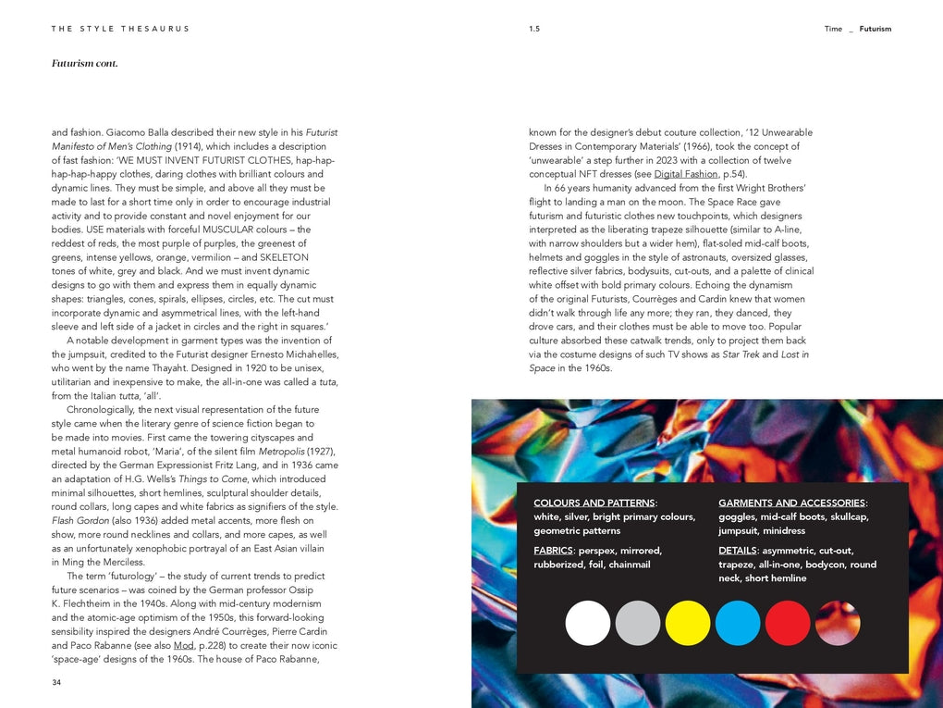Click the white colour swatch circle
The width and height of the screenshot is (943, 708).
588,623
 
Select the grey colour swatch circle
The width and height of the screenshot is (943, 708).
638,623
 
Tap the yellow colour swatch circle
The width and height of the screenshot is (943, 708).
688,623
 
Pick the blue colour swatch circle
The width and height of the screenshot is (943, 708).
738,623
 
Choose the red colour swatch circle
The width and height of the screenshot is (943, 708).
788,623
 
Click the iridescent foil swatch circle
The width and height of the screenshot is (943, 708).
838,623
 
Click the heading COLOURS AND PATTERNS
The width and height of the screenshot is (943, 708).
594,503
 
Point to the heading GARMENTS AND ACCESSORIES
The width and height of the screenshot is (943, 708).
792,503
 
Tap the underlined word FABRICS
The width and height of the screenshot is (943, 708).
553,551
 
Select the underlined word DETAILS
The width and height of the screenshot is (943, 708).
737,551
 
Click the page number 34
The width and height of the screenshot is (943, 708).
57,683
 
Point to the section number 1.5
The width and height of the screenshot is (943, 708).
534,29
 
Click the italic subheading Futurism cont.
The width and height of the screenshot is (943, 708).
85,64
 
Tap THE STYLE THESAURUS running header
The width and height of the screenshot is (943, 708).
120,29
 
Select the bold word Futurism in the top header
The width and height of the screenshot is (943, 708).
876,29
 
